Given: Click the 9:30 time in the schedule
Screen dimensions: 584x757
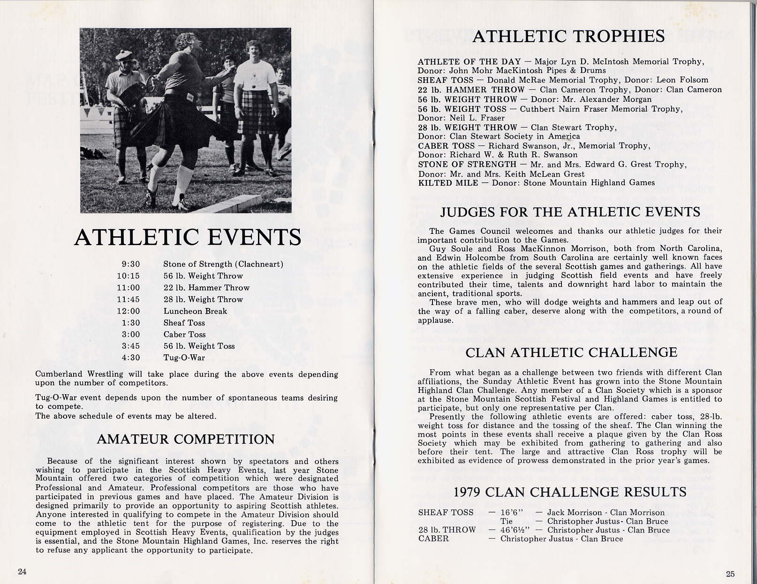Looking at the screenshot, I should [x=130, y=264].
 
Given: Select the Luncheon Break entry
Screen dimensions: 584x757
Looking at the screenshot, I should [x=195, y=311].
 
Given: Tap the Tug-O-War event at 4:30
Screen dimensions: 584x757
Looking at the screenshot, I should [x=184, y=358].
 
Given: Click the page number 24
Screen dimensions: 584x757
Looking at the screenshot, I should [x=22, y=571].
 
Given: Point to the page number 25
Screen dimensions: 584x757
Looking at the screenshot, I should [x=730, y=574].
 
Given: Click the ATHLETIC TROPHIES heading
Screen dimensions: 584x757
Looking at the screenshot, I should [x=568, y=37].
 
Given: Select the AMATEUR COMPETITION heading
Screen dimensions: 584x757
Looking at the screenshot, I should [x=186, y=439].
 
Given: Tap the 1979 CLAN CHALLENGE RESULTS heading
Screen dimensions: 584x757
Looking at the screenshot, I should [x=570, y=492].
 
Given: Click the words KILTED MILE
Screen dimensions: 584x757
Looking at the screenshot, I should [x=448, y=183].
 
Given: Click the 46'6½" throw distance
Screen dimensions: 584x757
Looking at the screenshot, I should [x=515, y=530].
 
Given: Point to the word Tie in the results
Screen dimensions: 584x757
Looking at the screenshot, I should [x=507, y=521].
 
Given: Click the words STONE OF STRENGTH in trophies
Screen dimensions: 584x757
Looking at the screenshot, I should [x=467, y=165].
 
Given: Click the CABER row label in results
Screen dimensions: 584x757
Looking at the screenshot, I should [x=433, y=539].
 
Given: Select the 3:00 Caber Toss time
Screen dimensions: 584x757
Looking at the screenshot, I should [x=130, y=335].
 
